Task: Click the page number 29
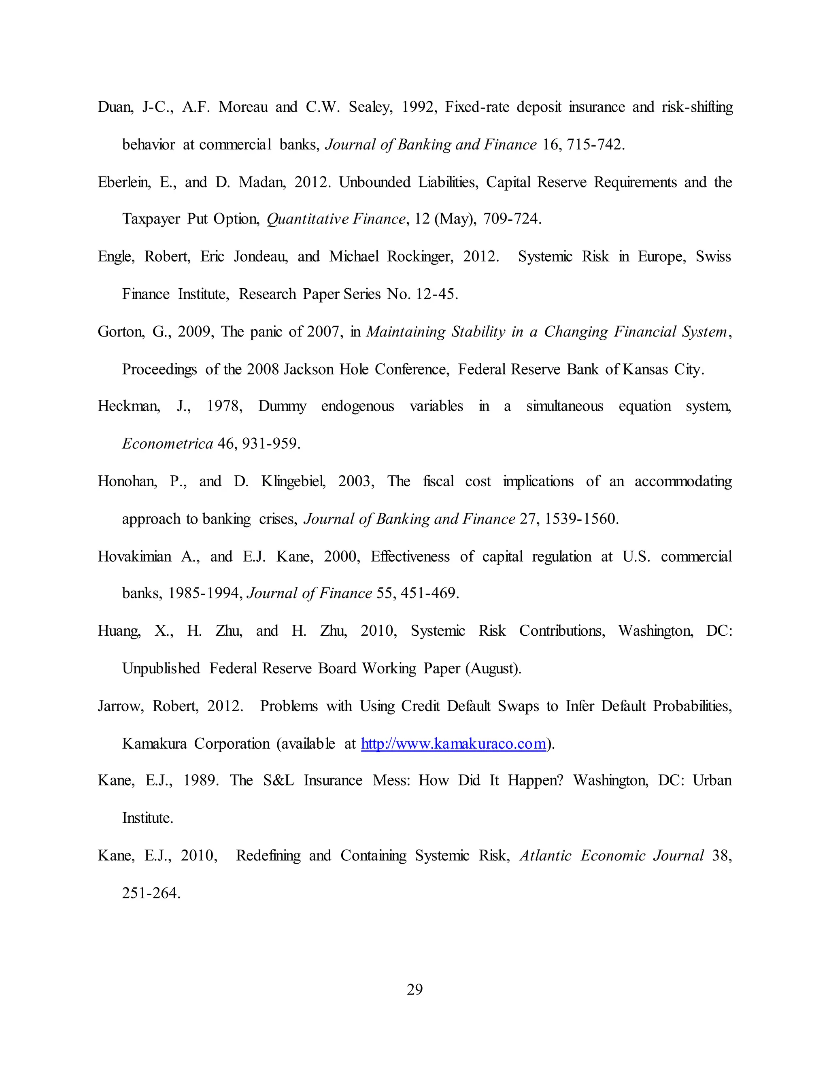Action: (x=414, y=989)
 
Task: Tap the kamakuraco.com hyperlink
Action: (x=453, y=743)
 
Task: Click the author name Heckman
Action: (x=128, y=406)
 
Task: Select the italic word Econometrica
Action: (x=168, y=444)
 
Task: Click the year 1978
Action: (x=224, y=406)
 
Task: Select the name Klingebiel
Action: (x=293, y=481)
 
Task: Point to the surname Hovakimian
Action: (x=134, y=556)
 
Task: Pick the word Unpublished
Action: (x=161, y=668)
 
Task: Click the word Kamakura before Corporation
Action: (x=154, y=743)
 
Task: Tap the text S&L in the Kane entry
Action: (x=278, y=780)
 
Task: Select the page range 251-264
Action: (x=151, y=893)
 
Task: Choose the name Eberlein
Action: (x=124, y=182)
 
